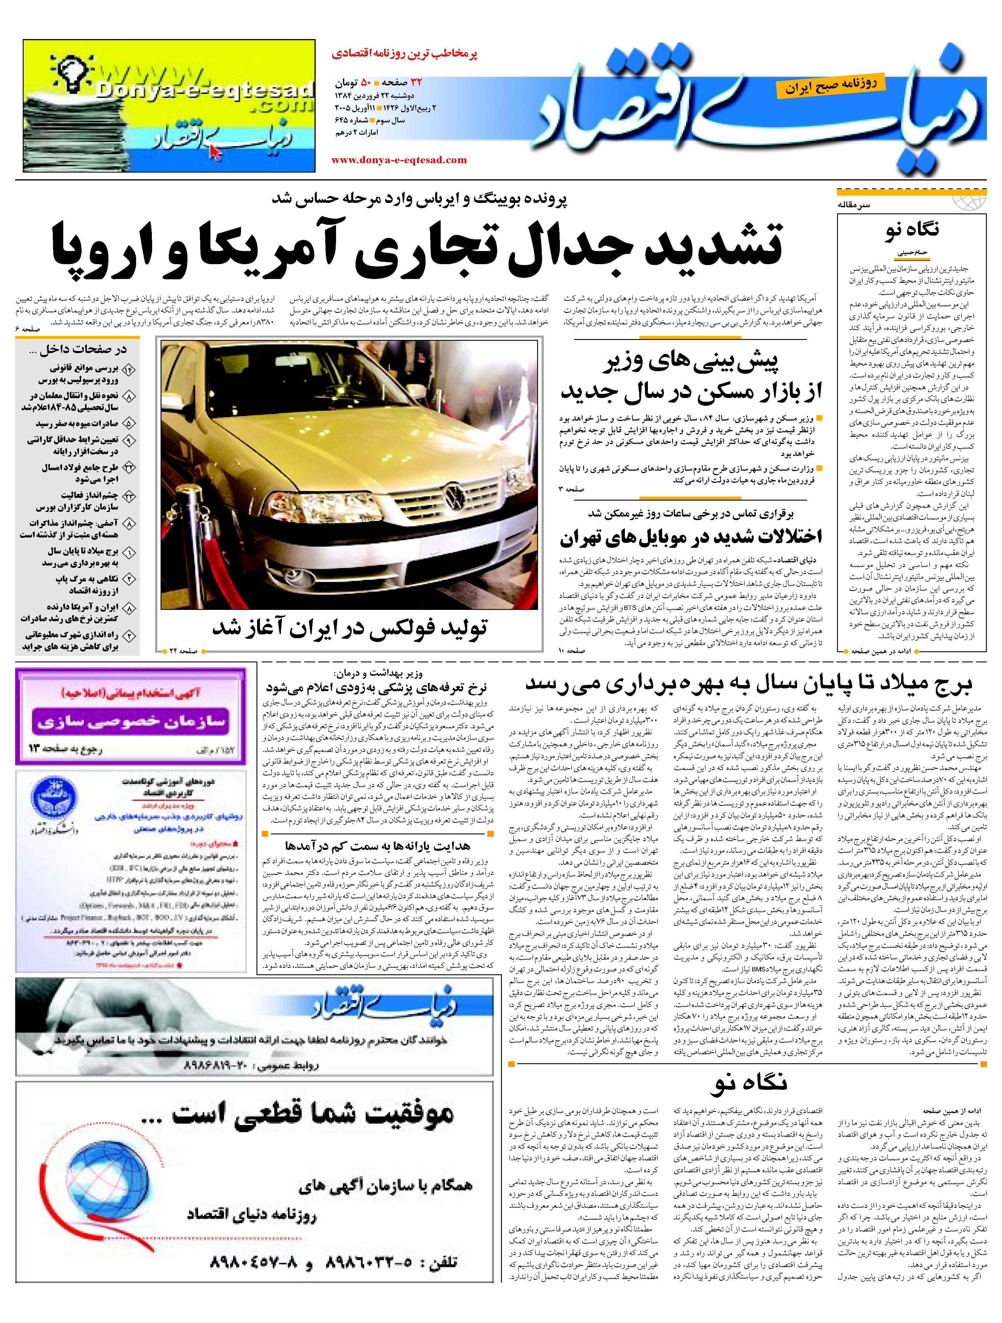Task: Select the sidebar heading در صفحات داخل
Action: coord(78,349)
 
